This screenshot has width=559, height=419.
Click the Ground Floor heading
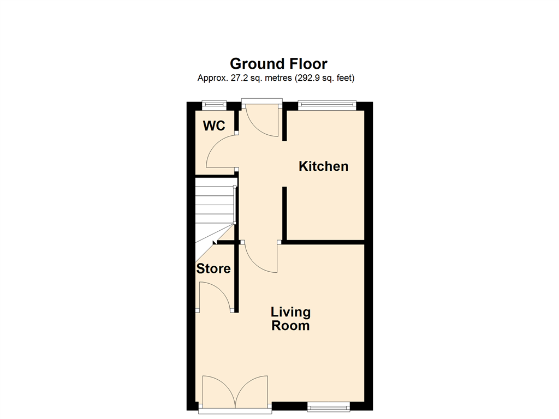point(278,64)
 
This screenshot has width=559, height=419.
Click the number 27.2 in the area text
point(239,78)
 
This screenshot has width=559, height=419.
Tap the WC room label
point(214,125)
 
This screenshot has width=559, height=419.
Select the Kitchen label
point(323,166)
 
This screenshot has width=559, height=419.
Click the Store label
point(213,268)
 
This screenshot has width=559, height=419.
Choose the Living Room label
point(290,319)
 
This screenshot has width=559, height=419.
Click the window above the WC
point(214,104)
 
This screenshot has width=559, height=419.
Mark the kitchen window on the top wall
point(327,104)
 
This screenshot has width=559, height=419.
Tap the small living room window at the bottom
point(328,406)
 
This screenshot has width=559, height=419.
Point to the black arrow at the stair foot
point(215,243)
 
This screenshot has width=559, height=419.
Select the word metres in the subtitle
point(278,78)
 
